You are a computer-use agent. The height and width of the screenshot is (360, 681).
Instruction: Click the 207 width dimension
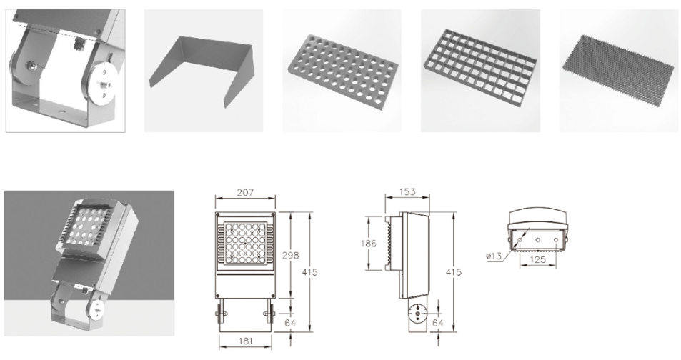[245, 192]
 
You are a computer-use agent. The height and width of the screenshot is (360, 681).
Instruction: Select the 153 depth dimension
[407, 191]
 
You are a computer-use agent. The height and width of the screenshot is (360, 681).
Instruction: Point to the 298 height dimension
[290, 255]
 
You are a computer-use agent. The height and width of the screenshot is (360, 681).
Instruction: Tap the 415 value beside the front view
[309, 272]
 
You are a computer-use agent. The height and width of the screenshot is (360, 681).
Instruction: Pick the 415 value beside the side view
[454, 272]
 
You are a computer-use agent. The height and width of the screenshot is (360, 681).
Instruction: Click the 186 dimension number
[368, 243]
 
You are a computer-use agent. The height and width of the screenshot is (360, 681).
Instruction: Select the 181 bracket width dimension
[245, 341]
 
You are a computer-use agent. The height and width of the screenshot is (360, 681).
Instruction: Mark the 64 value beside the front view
[289, 323]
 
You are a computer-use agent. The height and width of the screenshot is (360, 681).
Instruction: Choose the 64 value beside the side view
[438, 323]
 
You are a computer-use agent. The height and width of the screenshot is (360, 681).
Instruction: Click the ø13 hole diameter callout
[494, 256]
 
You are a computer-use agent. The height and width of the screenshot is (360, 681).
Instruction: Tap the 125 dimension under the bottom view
[537, 260]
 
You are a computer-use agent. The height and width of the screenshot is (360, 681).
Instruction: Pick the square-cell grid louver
[480, 66]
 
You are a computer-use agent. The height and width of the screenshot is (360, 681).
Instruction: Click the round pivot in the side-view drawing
[417, 312]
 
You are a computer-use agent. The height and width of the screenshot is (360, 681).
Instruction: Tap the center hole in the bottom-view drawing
[537, 240]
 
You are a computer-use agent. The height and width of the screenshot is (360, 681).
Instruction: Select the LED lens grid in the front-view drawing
[245, 243]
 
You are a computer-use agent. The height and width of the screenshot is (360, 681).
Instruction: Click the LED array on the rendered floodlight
[85, 226]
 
